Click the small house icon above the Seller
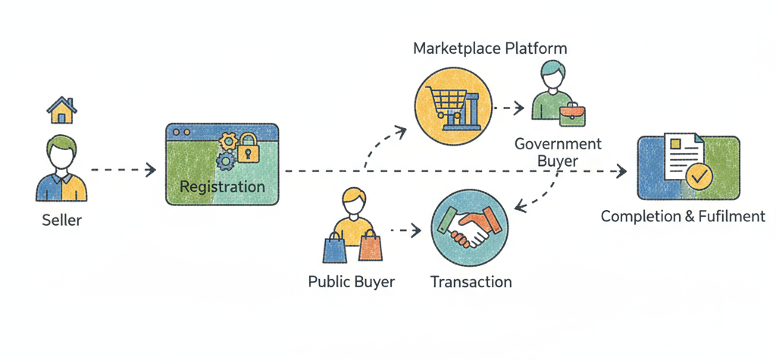tap(62, 111)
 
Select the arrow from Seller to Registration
tap(121, 171)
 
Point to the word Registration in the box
tap(222, 186)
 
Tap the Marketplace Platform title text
tap(490, 49)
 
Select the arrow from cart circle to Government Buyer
tap(508, 108)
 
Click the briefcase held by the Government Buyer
tap(574, 114)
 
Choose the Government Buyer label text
tap(558, 152)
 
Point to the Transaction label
tap(471, 283)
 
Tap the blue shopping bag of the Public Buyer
tap(336, 247)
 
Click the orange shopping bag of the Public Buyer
tap(369, 246)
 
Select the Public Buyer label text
tap(352, 282)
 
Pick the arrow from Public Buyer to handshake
tap(405, 228)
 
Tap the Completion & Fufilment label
tap(683, 217)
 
